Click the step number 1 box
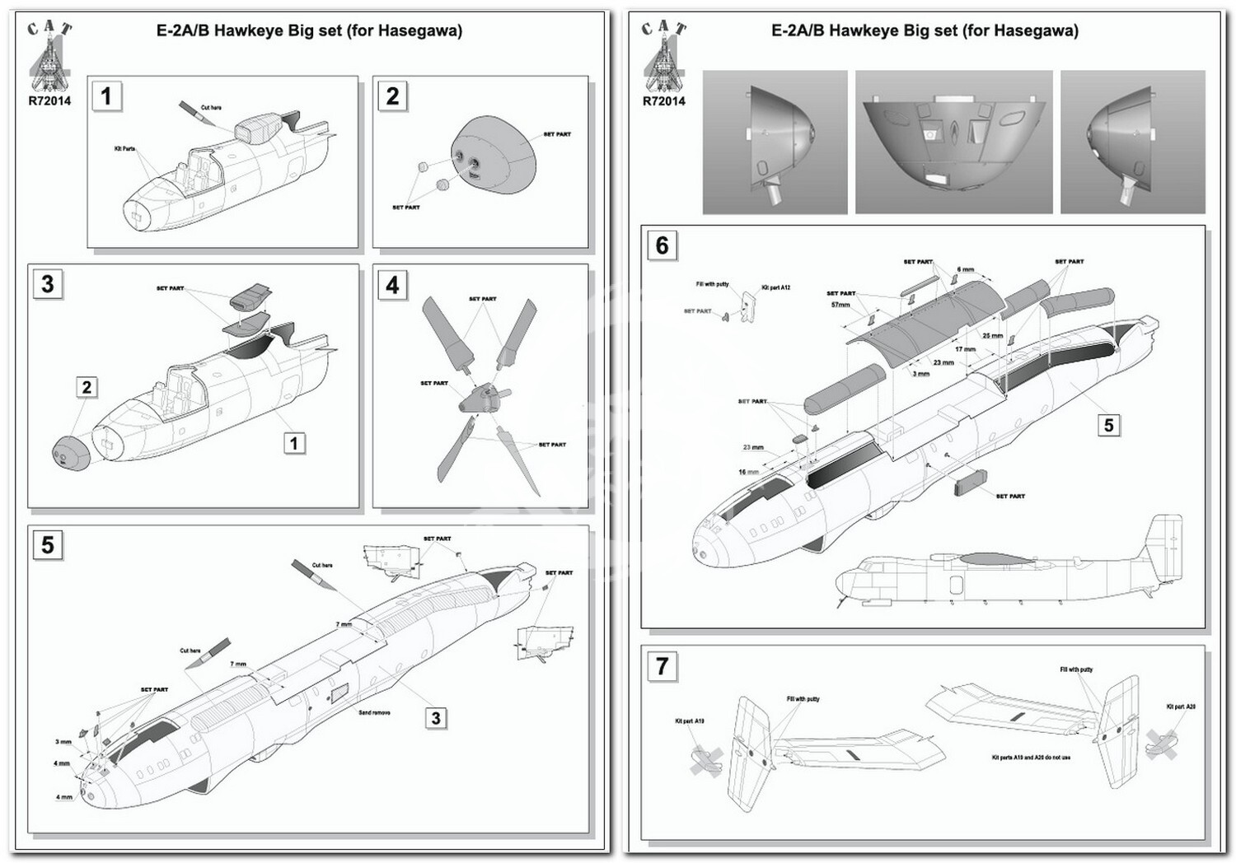(x=106, y=96)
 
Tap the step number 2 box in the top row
(x=392, y=96)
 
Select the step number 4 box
(x=392, y=285)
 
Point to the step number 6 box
(x=662, y=245)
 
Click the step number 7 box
(x=662, y=665)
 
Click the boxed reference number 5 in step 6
(x=1108, y=425)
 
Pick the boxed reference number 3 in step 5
(x=437, y=718)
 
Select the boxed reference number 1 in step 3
(x=293, y=443)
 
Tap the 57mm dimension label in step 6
(x=840, y=305)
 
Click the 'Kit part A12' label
(x=775, y=287)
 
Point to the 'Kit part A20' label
(x=1181, y=707)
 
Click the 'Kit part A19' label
(x=689, y=721)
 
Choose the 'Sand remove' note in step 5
(x=374, y=712)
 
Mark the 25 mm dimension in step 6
(x=992, y=336)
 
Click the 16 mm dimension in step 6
(x=747, y=472)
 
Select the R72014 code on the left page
(x=49, y=101)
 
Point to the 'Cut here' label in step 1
(x=211, y=108)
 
